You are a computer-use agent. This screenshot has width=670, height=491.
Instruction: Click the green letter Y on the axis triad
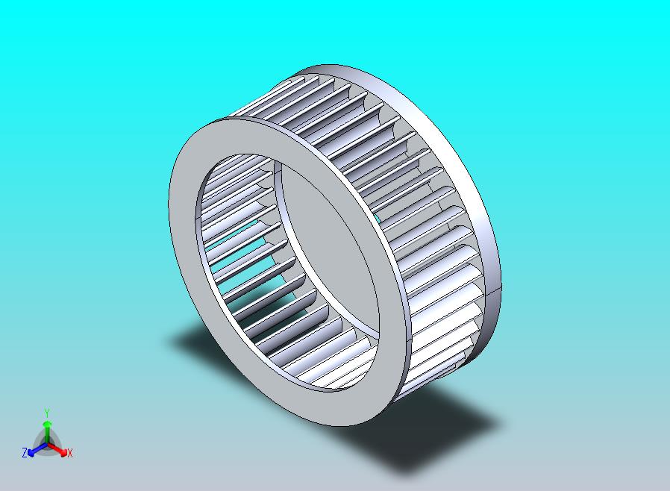(x=47, y=413)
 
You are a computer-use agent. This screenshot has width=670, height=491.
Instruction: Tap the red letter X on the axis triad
(x=70, y=453)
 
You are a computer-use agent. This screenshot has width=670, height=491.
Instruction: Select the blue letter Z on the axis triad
(x=25, y=452)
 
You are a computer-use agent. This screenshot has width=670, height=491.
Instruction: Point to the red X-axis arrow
(x=57, y=449)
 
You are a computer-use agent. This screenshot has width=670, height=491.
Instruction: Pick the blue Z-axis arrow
(x=37, y=448)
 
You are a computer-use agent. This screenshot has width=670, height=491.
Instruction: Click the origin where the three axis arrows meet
(x=47, y=445)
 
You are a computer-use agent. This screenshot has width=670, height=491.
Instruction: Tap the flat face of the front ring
(x=184, y=240)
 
